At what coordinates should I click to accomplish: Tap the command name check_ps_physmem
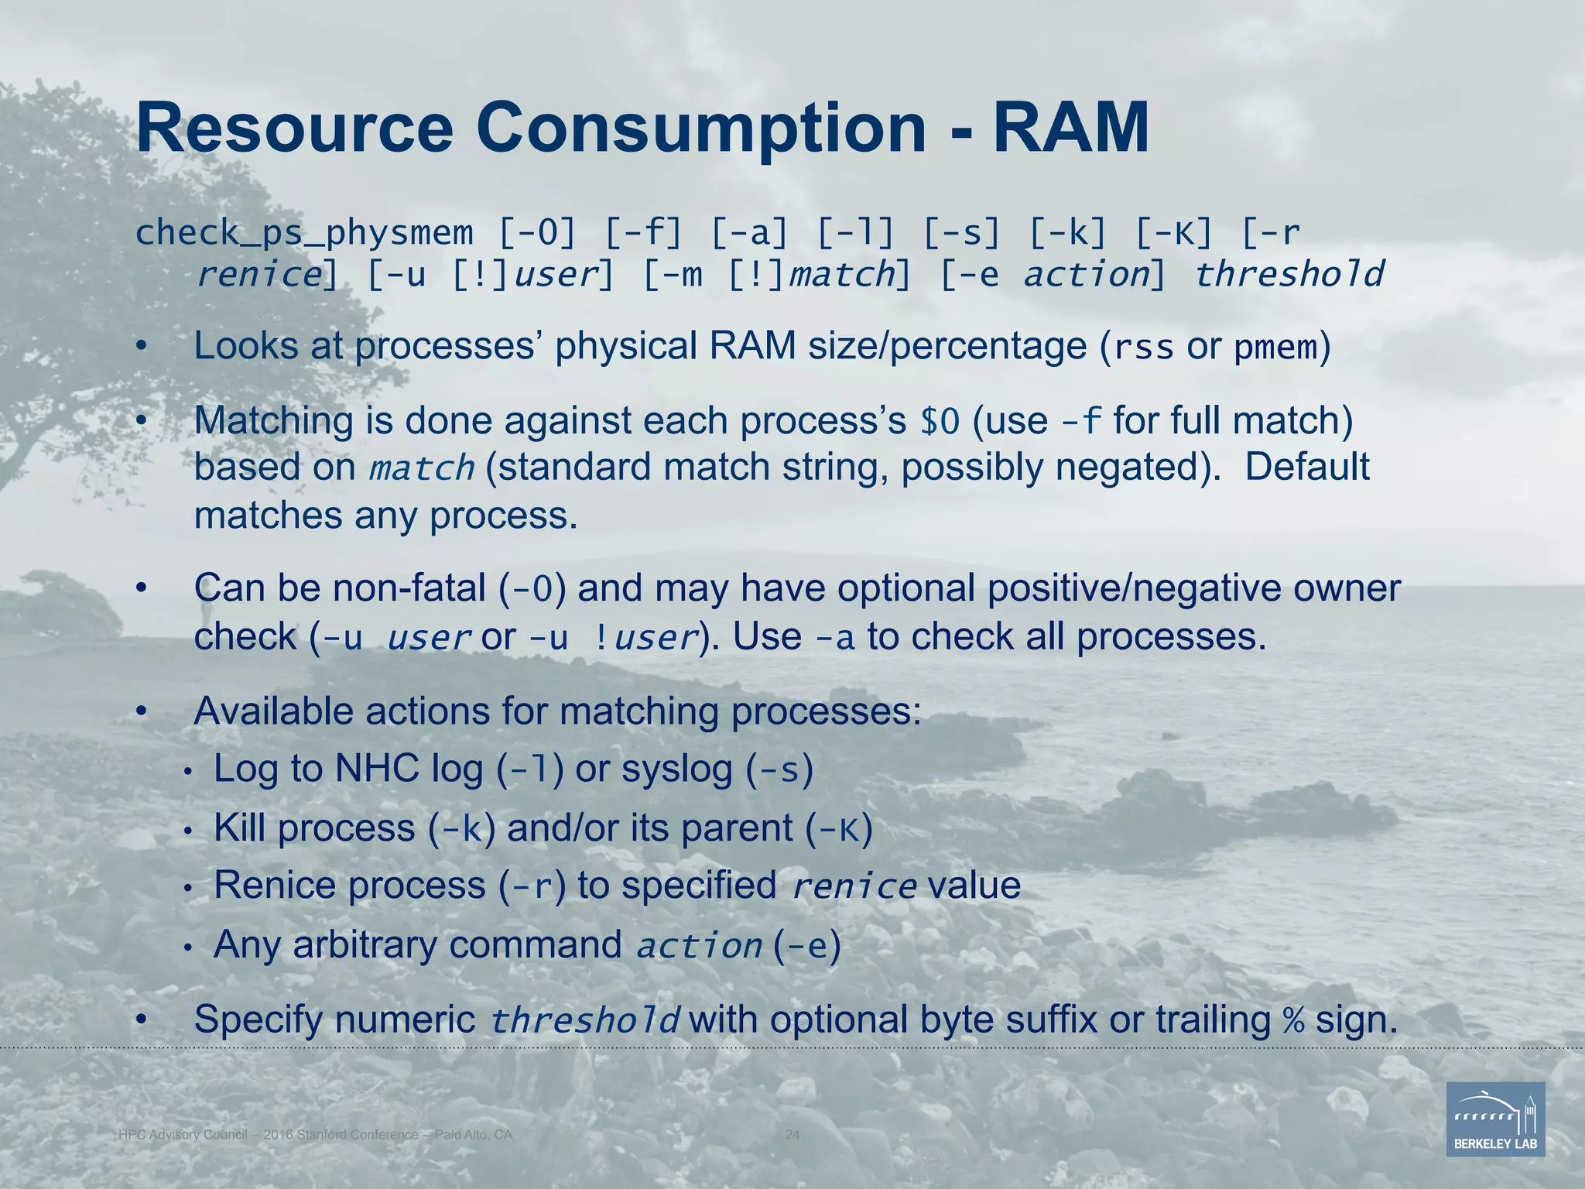tap(303, 233)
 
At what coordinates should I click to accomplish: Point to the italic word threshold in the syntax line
tap(1289, 275)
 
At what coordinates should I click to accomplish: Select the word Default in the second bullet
tap(1307, 468)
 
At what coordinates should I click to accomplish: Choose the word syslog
tap(677, 769)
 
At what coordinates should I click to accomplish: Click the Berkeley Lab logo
tap(1495, 1119)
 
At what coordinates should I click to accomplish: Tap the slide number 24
tap(792, 1135)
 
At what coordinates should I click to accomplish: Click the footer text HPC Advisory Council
tap(183, 1135)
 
